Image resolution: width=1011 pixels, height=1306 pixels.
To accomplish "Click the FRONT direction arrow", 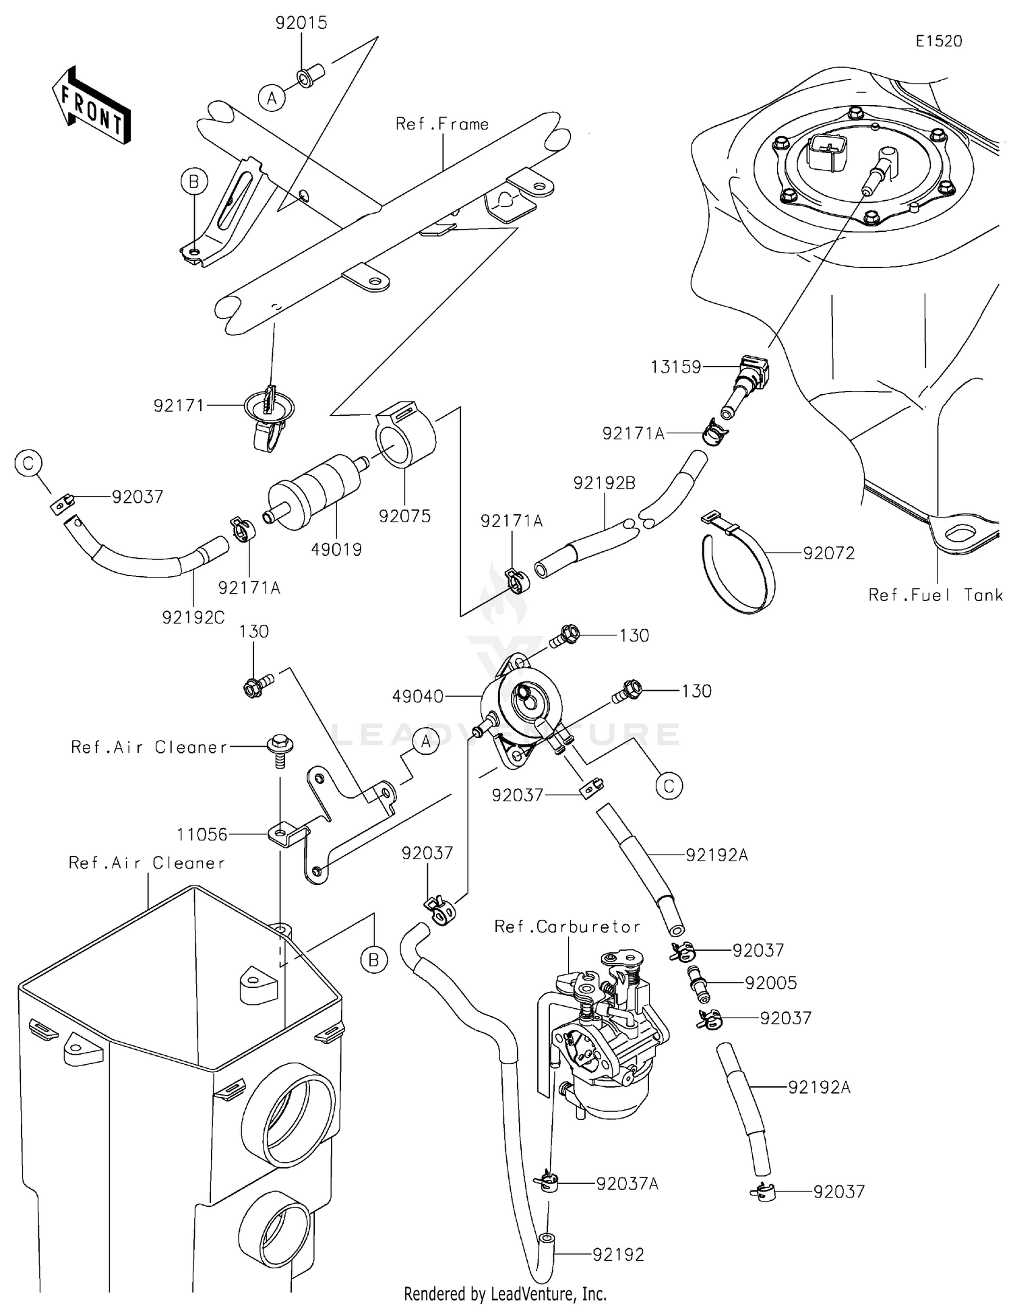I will (x=91, y=106).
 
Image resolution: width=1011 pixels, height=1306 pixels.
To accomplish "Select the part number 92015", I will (x=301, y=23).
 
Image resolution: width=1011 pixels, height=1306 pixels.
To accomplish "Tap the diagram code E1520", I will (x=938, y=41).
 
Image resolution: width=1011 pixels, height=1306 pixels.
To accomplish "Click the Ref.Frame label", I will (x=442, y=124).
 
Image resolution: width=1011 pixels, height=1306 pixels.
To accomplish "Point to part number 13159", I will (x=675, y=367).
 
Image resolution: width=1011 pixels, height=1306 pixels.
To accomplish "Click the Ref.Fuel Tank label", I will (x=936, y=595).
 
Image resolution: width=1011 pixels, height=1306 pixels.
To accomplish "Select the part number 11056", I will (x=202, y=834).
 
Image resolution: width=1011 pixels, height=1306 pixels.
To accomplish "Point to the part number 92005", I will (x=770, y=983).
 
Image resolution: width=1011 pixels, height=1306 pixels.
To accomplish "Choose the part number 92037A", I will (x=627, y=1183).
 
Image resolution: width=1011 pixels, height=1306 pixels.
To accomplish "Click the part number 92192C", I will (x=193, y=617).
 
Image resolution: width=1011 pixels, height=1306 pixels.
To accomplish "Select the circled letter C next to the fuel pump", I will (x=669, y=786).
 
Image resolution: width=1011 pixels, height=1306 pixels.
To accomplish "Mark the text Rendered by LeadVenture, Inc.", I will (x=505, y=1293).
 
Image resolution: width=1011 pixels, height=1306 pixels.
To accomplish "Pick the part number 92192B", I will (x=604, y=483).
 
